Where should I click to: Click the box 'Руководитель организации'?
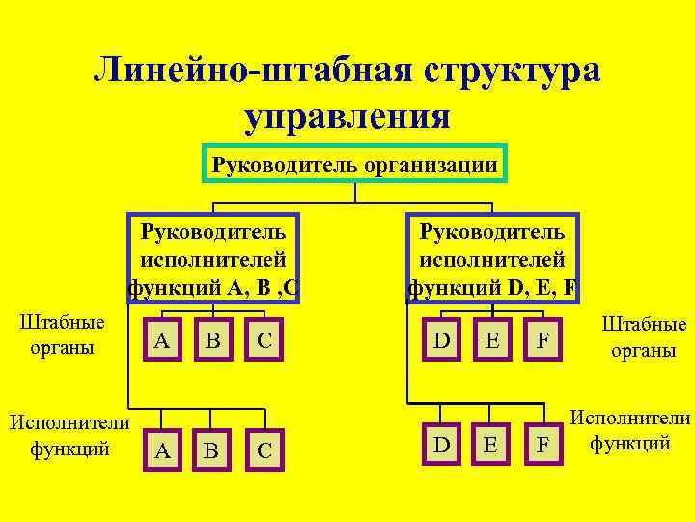pos(355,165)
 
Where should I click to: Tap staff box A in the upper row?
pos(164,340)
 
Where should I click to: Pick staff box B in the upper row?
pos(213,340)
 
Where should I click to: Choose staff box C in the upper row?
pos(264,340)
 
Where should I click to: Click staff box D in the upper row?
pos(442,340)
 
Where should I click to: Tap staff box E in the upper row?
pos(492,340)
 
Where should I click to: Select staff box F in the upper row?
pos(543,340)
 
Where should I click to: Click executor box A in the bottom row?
pos(164,449)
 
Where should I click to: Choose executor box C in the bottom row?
pos(264,449)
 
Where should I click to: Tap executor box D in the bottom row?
pos(442,446)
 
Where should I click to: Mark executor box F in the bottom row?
pos(543,446)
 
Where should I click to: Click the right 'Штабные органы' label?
pos(644,337)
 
